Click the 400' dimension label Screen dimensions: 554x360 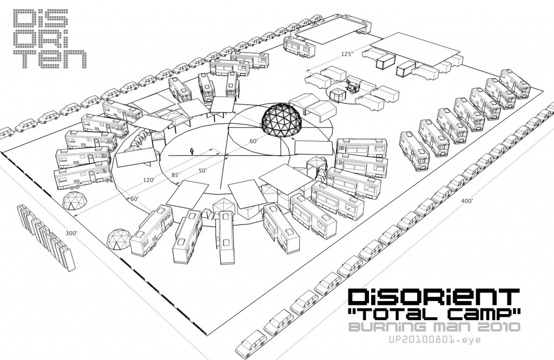(x=467, y=201)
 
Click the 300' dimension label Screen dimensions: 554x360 (x=71, y=233)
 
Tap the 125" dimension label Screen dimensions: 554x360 (x=347, y=55)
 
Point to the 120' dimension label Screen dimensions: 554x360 (x=149, y=180)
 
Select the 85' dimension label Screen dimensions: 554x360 (x=176, y=175)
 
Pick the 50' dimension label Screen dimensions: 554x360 (x=202, y=171)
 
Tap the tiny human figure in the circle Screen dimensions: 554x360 (x=192, y=151)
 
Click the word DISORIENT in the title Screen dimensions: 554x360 (x=434, y=296)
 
